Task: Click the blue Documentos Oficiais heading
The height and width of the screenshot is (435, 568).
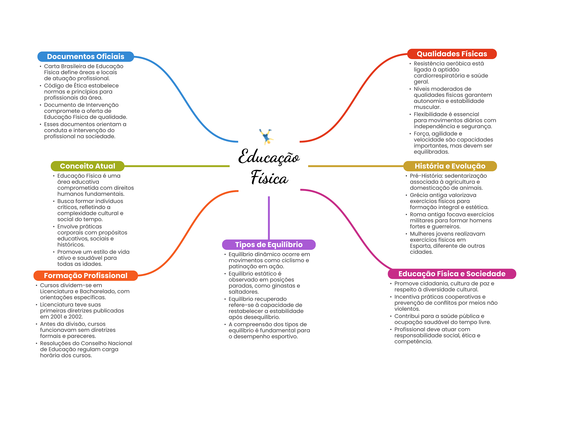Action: [x=86, y=57]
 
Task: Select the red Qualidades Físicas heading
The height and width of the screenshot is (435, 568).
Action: [x=452, y=54]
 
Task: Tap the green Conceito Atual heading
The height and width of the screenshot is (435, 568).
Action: [x=87, y=166]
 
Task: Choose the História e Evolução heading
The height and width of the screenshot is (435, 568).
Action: [x=450, y=166]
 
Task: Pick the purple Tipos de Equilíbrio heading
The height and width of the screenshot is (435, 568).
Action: [x=269, y=245]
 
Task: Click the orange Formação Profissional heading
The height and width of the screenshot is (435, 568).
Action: [x=86, y=276]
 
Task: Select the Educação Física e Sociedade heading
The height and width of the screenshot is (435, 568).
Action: [x=452, y=274]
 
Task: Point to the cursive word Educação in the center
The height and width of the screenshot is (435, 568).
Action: [x=269, y=157]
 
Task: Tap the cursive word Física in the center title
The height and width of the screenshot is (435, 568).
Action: [x=269, y=178]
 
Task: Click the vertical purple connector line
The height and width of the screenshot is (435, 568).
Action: [x=269, y=218]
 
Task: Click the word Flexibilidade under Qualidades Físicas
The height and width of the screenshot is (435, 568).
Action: [x=432, y=114]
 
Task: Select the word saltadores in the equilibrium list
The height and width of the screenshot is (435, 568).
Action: [x=244, y=292]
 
